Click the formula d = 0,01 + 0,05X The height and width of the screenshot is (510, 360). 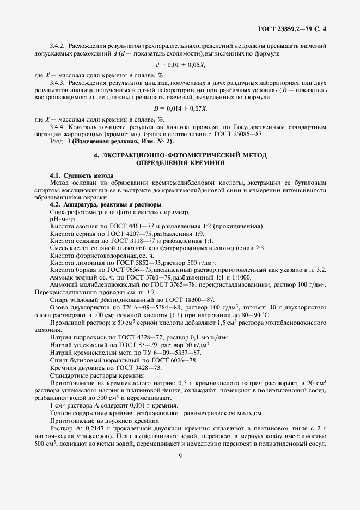(x=179, y=65)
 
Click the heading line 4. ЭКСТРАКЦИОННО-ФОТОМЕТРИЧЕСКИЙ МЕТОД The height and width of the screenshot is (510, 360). (x=180, y=155)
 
